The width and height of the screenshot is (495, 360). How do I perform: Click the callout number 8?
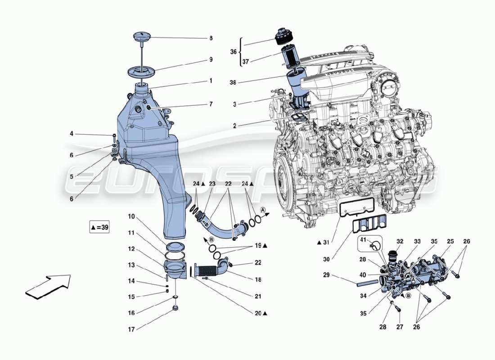tap(211, 39)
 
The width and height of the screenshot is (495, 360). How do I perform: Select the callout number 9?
tap(211, 59)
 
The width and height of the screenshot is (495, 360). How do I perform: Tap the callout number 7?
tap(211, 104)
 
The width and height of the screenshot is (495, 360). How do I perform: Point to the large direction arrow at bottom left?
tap(48, 287)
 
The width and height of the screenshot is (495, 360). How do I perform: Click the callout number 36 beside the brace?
tap(233, 52)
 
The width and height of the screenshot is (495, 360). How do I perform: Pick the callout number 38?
tap(233, 83)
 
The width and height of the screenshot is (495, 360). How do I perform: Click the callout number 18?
tap(258, 279)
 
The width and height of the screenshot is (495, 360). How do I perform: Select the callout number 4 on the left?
tap(71, 134)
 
